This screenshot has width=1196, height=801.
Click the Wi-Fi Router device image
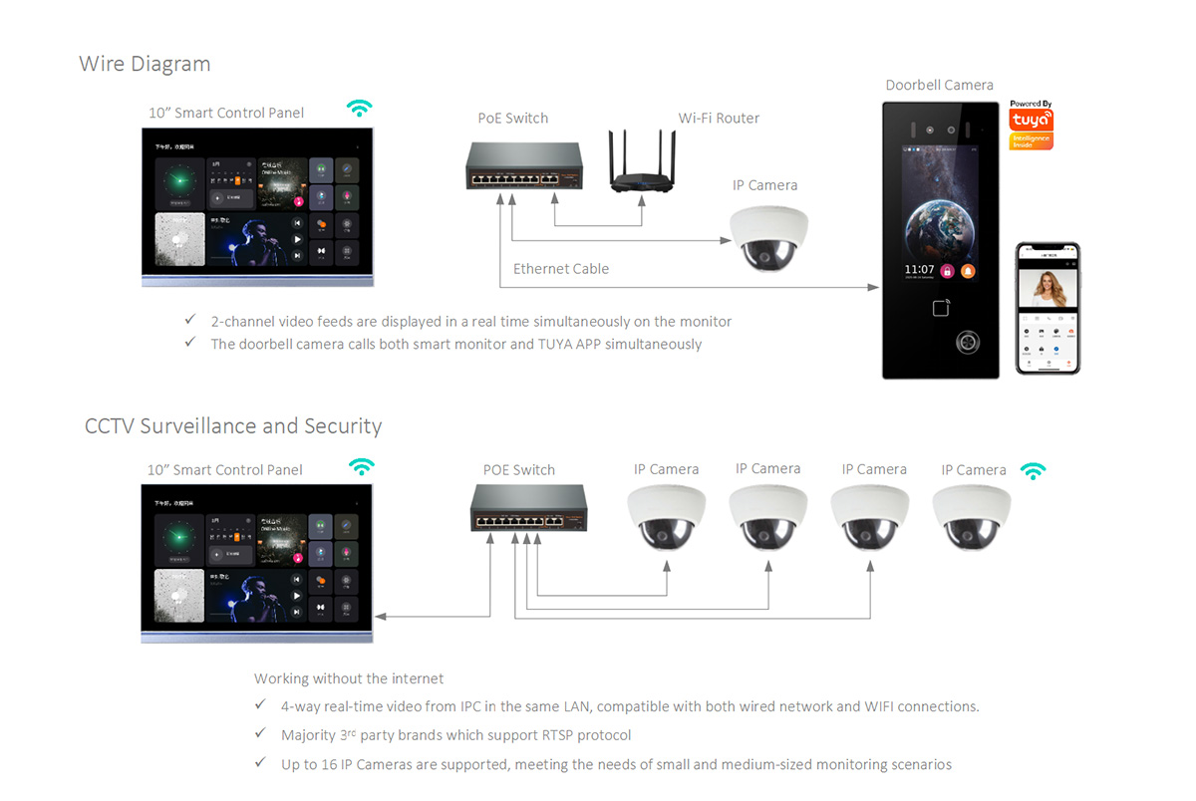tap(641, 165)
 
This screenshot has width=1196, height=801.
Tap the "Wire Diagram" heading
tap(145, 64)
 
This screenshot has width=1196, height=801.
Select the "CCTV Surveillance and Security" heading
tap(233, 426)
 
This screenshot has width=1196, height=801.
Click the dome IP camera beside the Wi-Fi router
tap(768, 237)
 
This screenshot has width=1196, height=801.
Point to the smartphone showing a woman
tap(1047, 308)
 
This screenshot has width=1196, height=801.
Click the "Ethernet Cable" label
tap(561, 269)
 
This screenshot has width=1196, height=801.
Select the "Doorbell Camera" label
tap(939, 85)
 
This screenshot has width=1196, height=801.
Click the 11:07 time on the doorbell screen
tap(919, 270)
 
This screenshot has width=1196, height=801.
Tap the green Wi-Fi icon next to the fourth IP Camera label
tap(1035, 470)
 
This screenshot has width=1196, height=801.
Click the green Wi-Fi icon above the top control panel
tap(359, 109)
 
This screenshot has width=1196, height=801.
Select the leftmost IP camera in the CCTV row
tap(667, 518)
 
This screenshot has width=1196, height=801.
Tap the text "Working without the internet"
tap(349, 678)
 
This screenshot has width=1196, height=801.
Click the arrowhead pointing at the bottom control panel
tap(381, 617)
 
